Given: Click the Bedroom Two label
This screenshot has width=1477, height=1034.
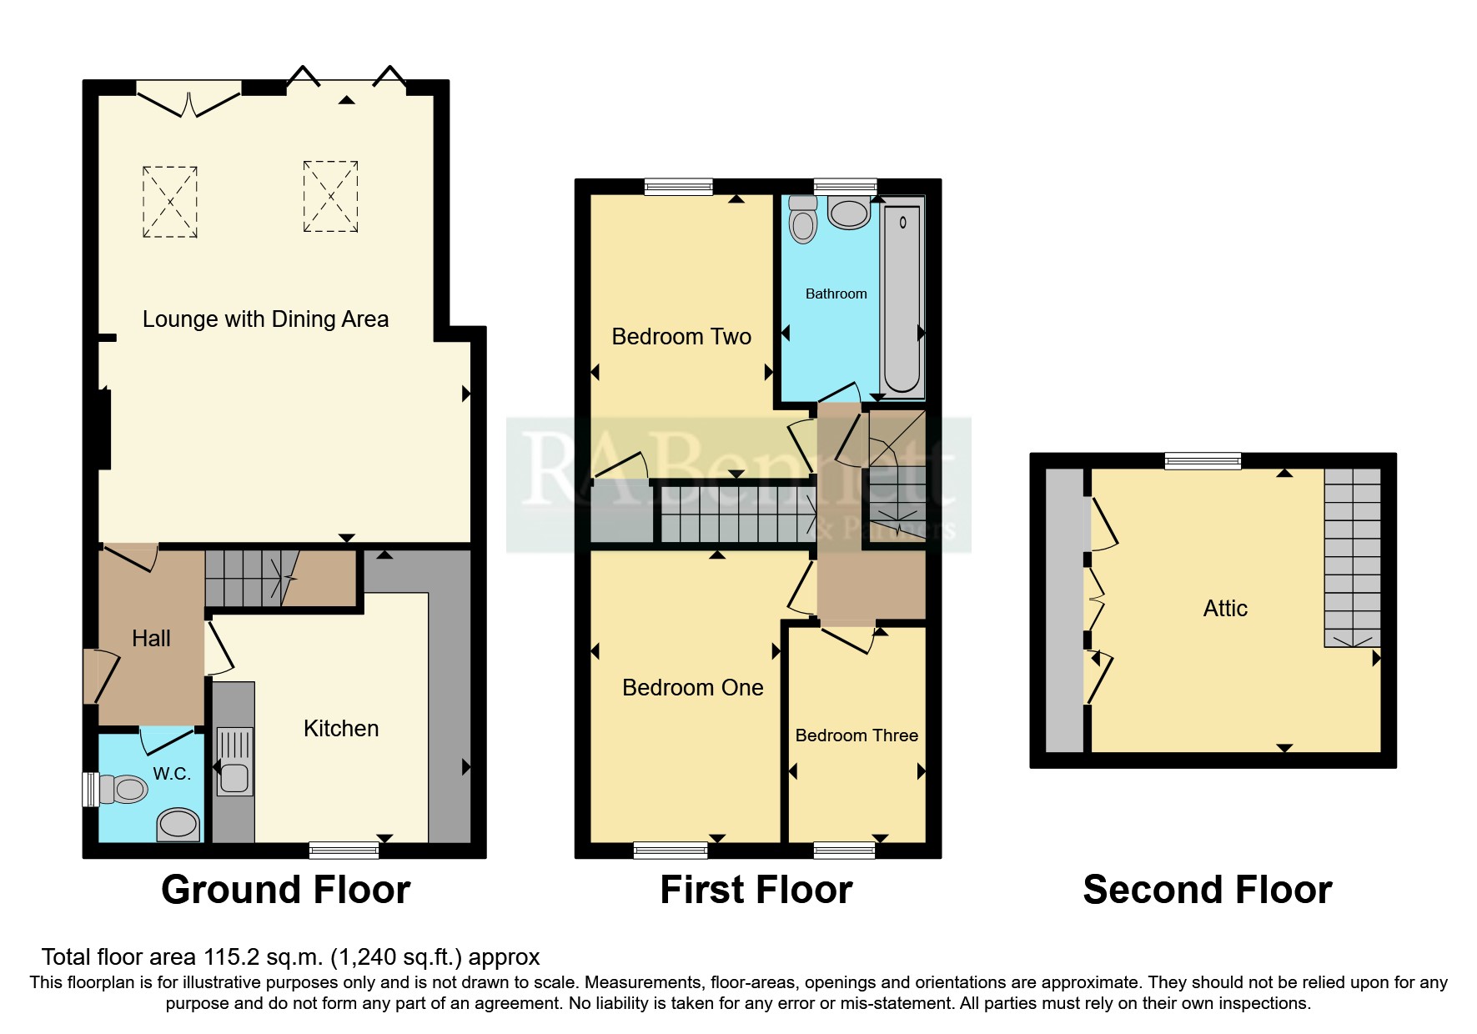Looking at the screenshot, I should click(x=681, y=336).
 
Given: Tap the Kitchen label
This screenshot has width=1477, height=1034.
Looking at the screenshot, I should click(x=340, y=728).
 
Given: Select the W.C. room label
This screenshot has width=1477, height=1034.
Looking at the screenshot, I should click(x=172, y=773).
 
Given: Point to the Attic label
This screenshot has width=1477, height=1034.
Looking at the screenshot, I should click(x=1224, y=608).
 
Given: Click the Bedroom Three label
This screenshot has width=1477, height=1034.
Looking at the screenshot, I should click(x=857, y=735).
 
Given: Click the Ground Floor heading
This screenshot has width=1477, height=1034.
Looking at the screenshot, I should click(x=285, y=889).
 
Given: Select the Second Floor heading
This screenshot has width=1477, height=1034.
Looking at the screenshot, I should click(x=1207, y=889).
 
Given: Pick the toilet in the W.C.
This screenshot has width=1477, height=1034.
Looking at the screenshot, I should click(x=124, y=788).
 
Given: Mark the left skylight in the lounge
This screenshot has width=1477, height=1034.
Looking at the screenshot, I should click(x=170, y=202).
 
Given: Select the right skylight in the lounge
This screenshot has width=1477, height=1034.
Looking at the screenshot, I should click(x=330, y=196).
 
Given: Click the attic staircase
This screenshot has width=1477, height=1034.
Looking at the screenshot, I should click(x=1352, y=557).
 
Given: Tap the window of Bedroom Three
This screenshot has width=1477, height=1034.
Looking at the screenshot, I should click(x=844, y=850).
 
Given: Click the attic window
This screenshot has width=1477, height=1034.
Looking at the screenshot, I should click(x=1202, y=460).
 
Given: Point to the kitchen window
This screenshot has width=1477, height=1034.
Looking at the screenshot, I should click(x=344, y=850).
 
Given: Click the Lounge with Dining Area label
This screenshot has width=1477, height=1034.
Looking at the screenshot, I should click(x=265, y=319).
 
